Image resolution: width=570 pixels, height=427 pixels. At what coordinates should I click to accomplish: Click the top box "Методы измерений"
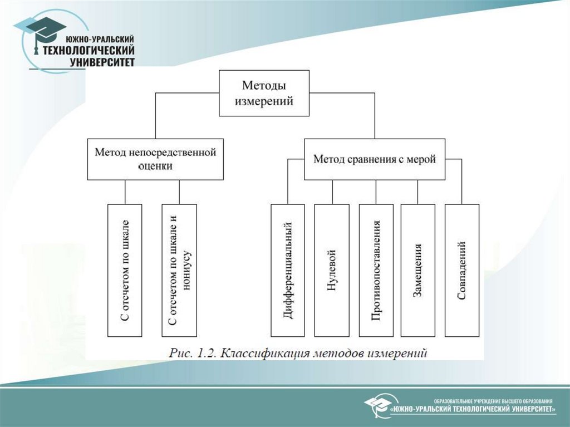[x=264, y=93]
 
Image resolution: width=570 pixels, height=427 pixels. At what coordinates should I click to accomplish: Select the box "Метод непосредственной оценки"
[x=155, y=159]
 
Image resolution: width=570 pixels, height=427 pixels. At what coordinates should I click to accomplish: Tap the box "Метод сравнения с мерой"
[x=375, y=159]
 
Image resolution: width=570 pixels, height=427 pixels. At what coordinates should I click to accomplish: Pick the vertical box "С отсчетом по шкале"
[x=125, y=271]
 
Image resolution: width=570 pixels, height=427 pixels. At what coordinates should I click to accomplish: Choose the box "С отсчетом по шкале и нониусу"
[x=179, y=271]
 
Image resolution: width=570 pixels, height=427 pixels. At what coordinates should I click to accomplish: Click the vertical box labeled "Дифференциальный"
[x=288, y=271]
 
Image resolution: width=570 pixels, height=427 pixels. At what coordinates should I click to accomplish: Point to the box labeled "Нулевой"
[x=332, y=271]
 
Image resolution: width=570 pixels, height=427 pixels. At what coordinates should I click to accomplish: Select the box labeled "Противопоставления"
[x=376, y=271]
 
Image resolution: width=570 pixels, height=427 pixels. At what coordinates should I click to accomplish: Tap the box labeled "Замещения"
[x=417, y=271]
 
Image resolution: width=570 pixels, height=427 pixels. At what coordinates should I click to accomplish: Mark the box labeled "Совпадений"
[x=462, y=271]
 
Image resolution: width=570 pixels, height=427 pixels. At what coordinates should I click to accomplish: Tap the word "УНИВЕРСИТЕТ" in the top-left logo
[x=102, y=62]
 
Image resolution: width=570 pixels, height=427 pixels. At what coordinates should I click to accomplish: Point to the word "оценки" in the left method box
[x=155, y=165]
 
